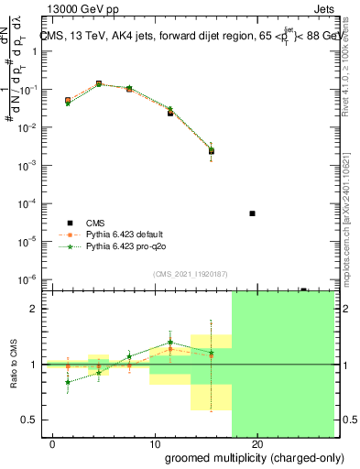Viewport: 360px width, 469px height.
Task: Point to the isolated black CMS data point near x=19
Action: tap(252, 213)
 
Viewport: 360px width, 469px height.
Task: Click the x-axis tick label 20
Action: tap(257, 444)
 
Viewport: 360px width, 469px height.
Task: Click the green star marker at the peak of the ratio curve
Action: tap(170, 343)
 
